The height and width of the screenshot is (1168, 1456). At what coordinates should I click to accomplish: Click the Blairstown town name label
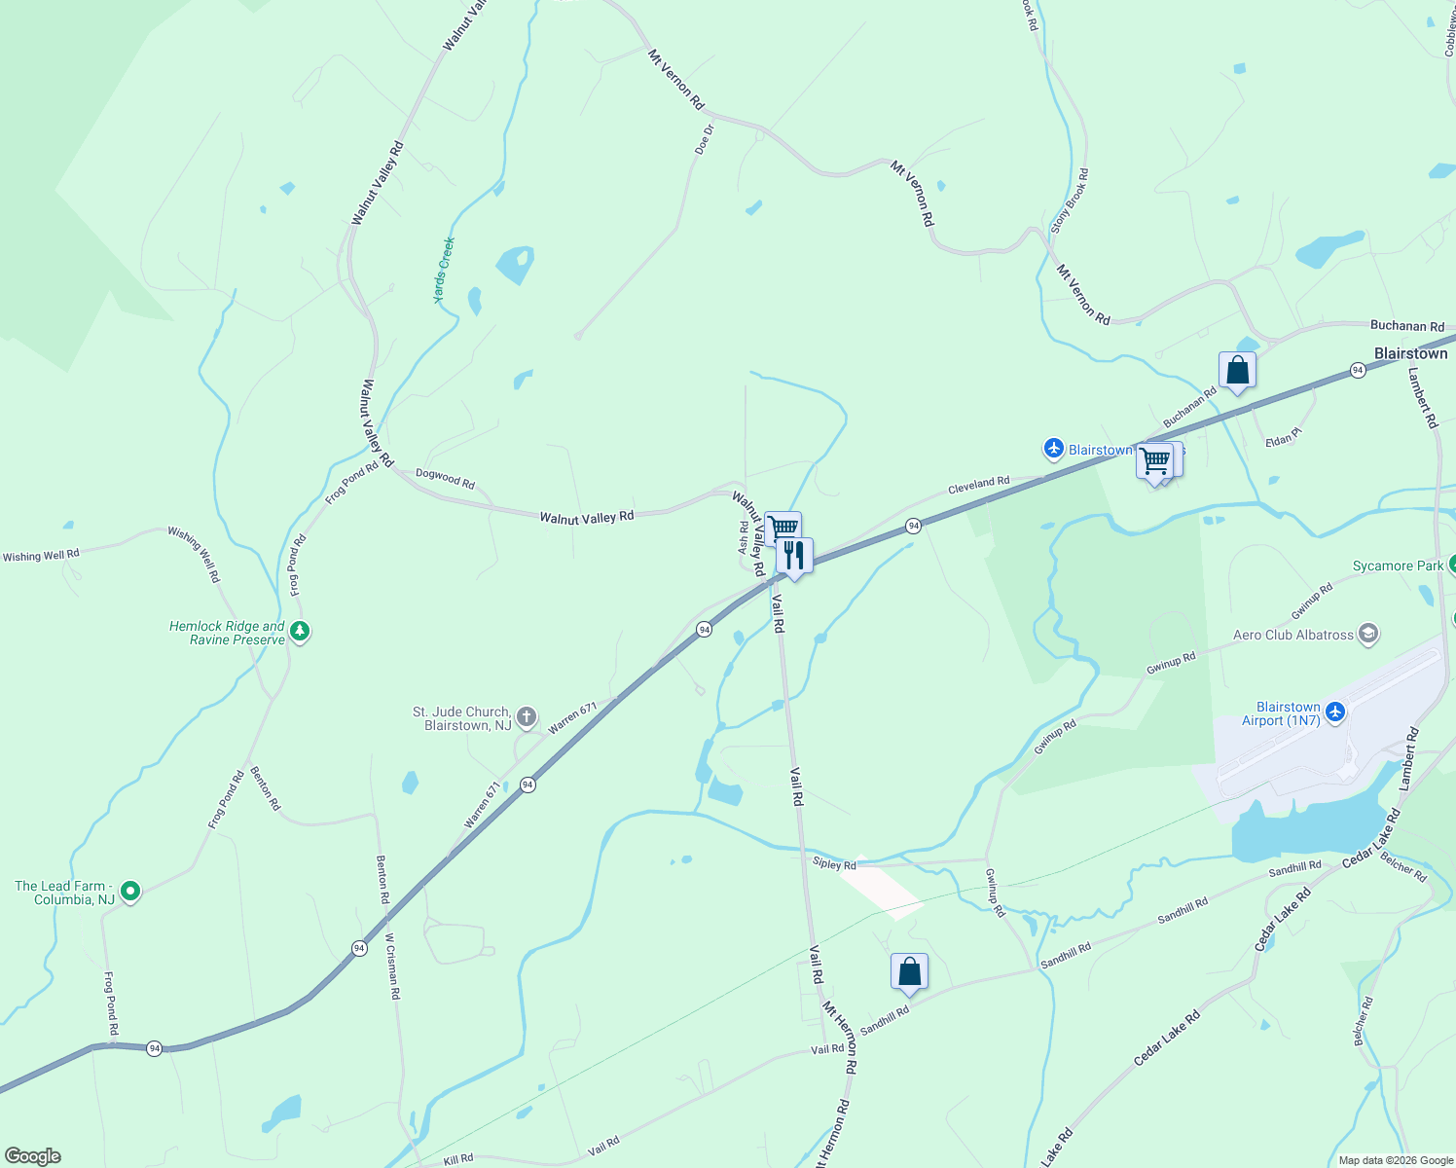[1410, 353]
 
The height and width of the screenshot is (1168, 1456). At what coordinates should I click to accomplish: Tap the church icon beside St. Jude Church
[526, 718]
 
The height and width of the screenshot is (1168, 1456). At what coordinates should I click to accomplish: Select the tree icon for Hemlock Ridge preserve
[300, 633]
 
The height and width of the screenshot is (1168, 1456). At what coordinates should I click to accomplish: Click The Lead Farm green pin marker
[130, 891]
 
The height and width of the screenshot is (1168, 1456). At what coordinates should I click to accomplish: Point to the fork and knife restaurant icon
[794, 556]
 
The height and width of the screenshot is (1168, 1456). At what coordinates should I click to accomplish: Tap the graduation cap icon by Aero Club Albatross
[1367, 635]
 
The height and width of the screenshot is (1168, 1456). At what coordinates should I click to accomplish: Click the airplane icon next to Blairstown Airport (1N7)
[1334, 712]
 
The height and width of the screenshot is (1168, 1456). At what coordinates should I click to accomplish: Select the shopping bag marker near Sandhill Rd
[909, 971]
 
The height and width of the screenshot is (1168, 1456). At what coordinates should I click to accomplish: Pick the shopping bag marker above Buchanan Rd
[1237, 371]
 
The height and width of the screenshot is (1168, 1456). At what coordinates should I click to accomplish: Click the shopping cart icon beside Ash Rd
[782, 529]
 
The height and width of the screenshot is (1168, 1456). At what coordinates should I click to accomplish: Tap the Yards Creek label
[445, 270]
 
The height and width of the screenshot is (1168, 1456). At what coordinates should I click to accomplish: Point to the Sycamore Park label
[1398, 566]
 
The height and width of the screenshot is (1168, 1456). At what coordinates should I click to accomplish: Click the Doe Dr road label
[705, 139]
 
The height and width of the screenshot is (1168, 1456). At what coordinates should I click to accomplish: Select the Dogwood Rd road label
[445, 478]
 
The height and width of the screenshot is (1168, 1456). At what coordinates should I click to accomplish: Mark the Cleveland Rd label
[978, 483]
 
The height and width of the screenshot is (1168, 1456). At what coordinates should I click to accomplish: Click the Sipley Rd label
[834, 864]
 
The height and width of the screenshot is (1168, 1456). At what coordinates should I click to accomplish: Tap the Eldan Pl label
[1283, 440]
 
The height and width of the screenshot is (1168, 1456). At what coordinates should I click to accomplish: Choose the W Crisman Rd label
[392, 967]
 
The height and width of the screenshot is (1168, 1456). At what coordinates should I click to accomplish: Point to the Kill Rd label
[458, 1158]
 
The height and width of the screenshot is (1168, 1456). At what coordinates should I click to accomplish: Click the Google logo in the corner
[33, 1156]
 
